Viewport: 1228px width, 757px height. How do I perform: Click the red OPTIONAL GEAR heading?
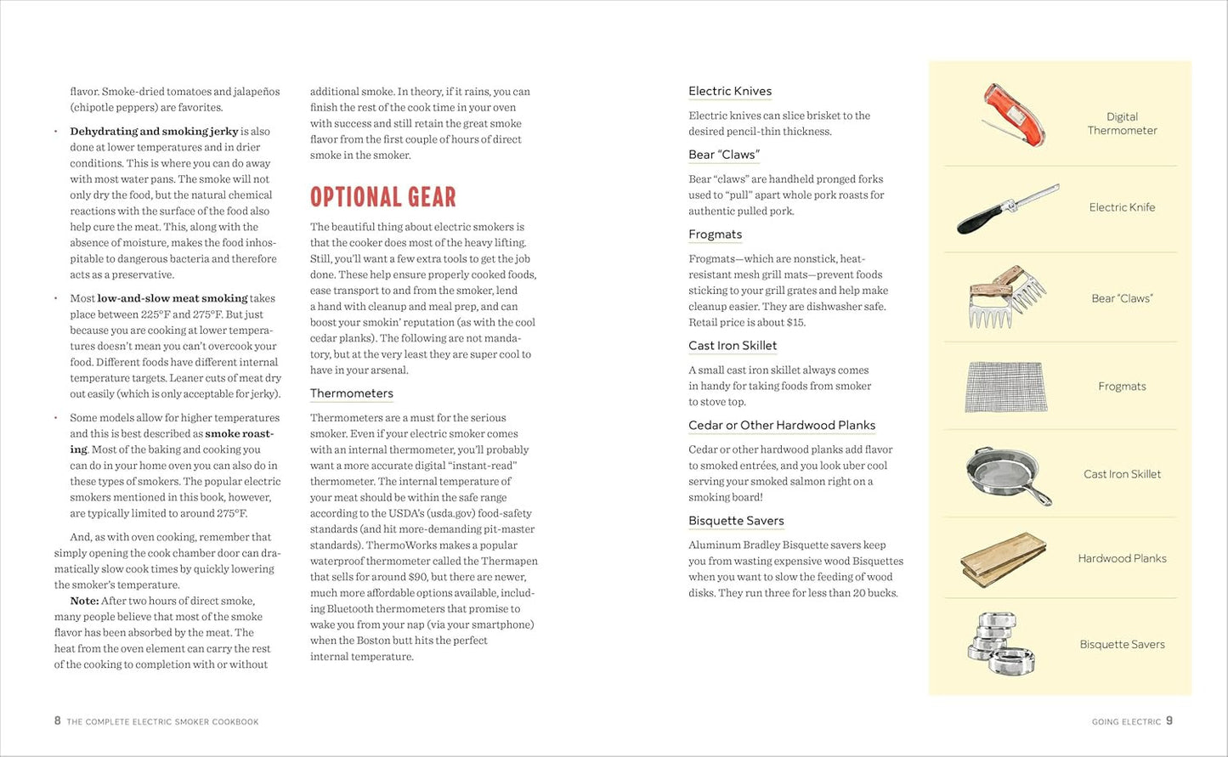[382, 197]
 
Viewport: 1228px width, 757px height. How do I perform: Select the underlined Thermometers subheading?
[351, 393]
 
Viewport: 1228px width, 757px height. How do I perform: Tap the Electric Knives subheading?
[730, 91]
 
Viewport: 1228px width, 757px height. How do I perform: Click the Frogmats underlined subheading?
[715, 234]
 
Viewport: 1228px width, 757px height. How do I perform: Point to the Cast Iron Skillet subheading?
[733, 346]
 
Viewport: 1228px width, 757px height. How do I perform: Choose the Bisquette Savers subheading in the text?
[736, 521]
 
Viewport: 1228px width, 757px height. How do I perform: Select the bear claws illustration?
[1006, 297]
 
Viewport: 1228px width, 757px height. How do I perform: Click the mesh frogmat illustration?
[1005, 387]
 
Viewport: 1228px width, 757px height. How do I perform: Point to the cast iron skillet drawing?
[1006, 474]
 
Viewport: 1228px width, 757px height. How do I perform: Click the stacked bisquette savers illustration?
[1001, 644]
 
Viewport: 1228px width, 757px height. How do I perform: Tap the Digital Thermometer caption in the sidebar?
[1122, 123]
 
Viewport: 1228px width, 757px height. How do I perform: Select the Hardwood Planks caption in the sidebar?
[1122, 558]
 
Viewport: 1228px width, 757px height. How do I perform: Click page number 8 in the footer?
[58, 720]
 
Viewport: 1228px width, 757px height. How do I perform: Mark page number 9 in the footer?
[1169, 720]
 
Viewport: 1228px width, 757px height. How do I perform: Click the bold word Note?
[85, 601]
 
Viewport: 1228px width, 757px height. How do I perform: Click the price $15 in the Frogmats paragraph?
[795, 322]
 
